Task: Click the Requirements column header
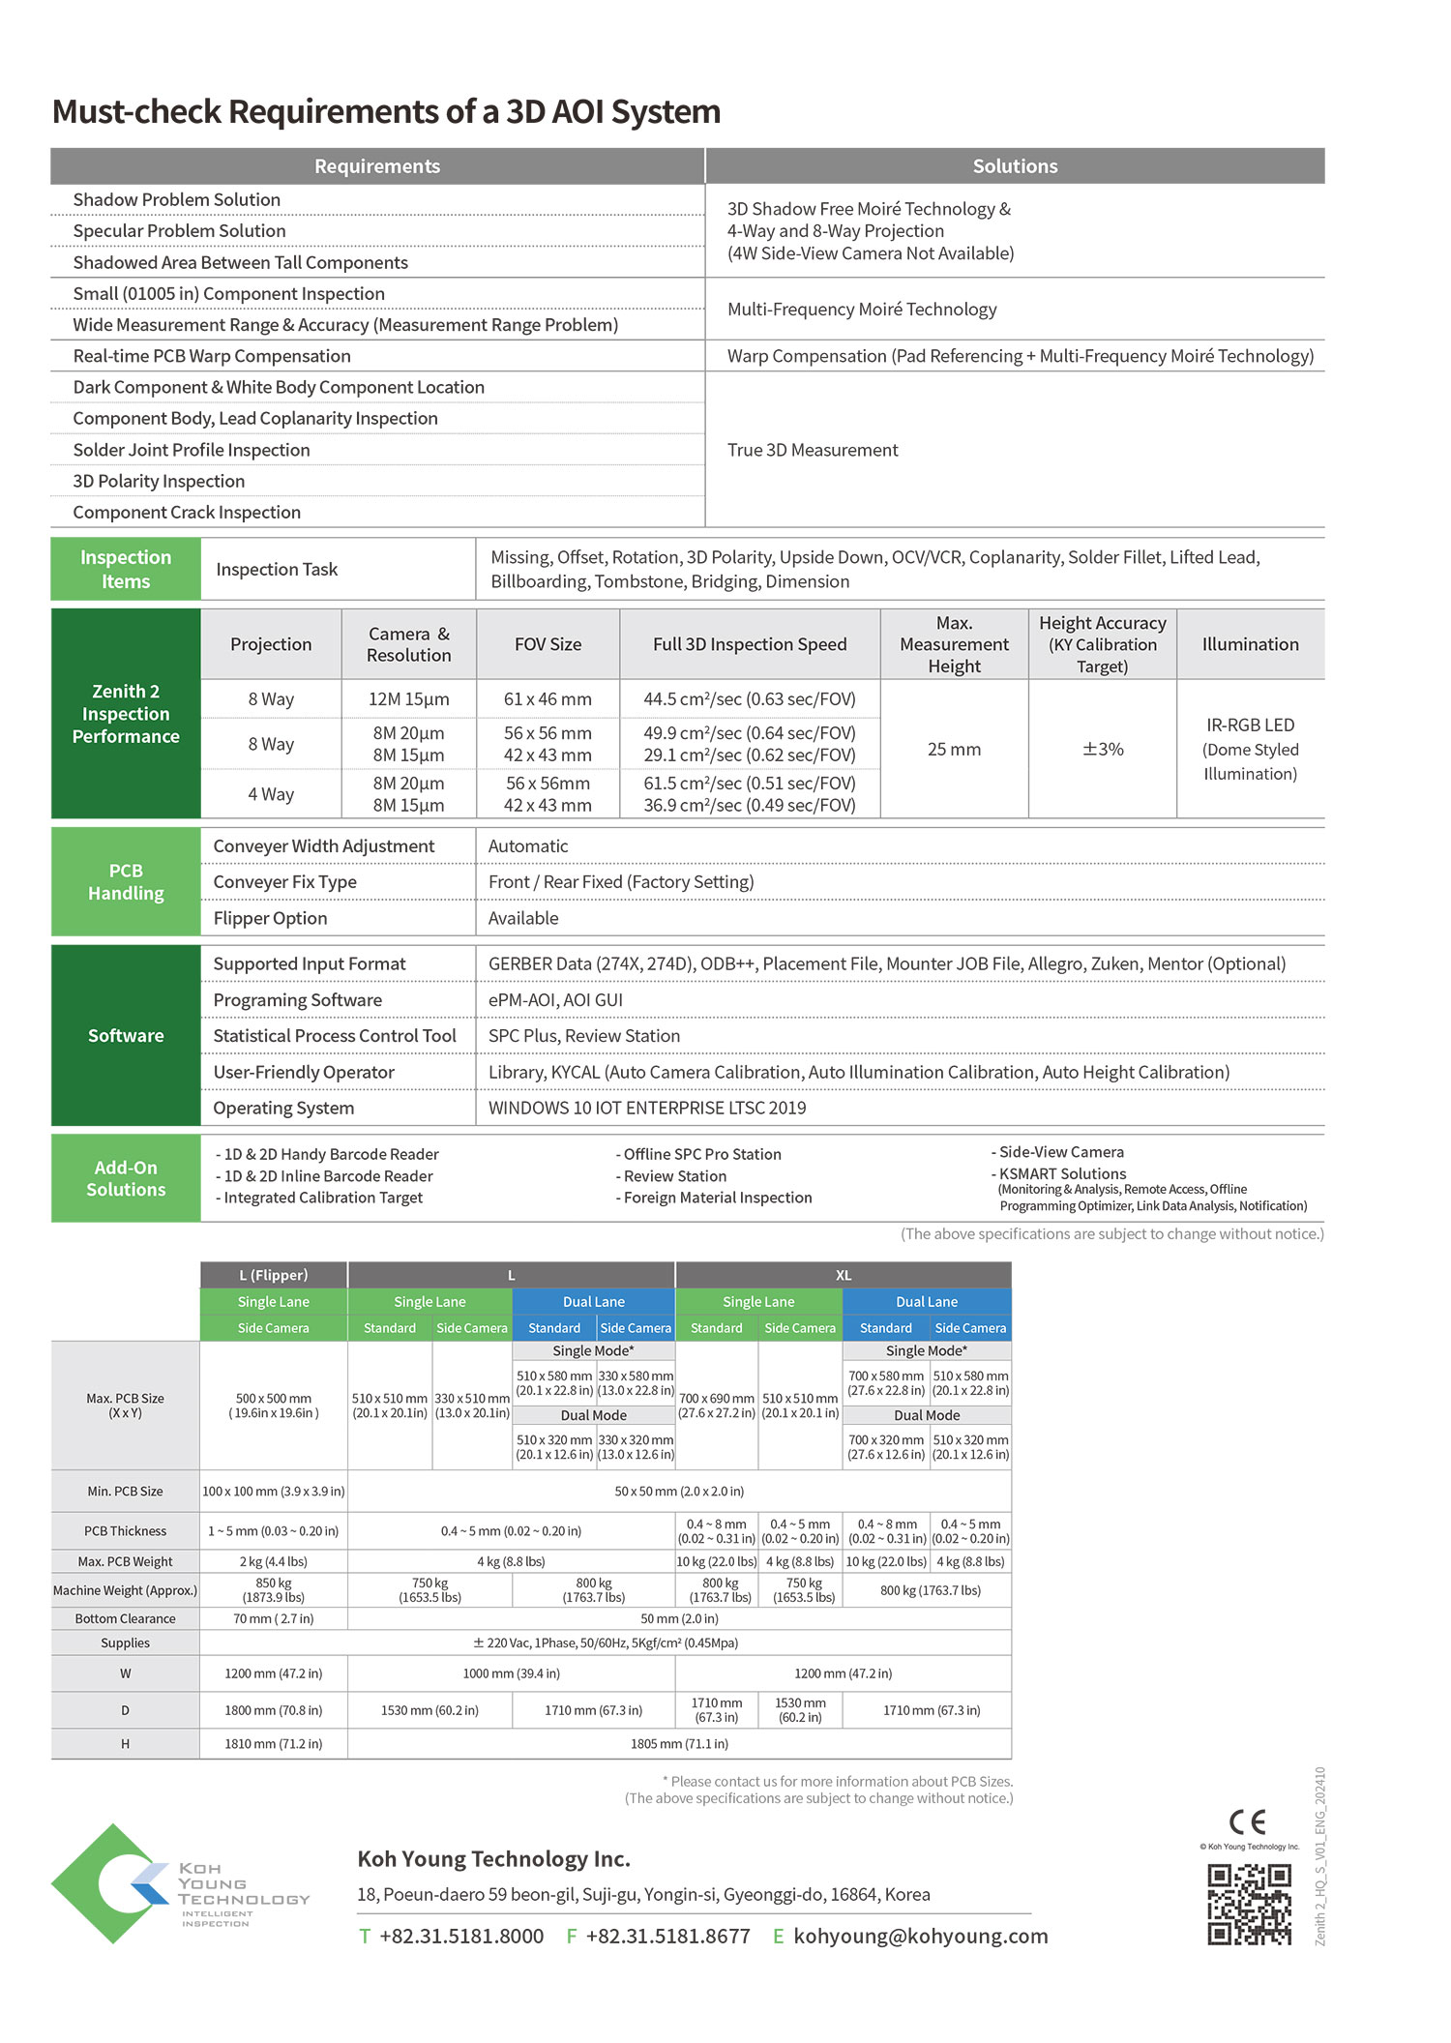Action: pyautogui.click(x=377, y=166)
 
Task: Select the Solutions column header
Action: pyautogui.click(x=1015, y=166)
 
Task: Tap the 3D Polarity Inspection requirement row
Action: pyautogui.click(x=159, y=481)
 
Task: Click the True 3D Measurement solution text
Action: pyautogui.click(x=813, y=450)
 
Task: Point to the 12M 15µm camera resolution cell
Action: pyautogui.click(x=408, y=698)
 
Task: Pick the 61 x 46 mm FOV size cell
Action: pyautogui.click(x=548, y=698)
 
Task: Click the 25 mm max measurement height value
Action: pyautogui.click(x=954, y=749)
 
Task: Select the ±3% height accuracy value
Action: pyautogui.click(x=1103, y=749)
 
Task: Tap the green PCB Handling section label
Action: pyautogui.click(x=126, y=881)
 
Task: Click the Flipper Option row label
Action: pyautogui.click(x=270, y=918)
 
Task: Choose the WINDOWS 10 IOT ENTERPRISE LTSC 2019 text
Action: pyautogui.click(x=646, y=1108)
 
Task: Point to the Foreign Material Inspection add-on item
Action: pyautogui.click(x=717, y=1198)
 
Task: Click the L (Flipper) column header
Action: pyautogui.click(x=274, y=1275)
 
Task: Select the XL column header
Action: pyautogui.click(x=844, y=1275)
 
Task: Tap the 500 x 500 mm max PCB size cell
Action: pyautogui.click(x=274, y=1406)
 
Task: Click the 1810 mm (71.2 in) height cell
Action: pyautogui.click(x=274, y=1743)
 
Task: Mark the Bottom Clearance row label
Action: pyautogui.click(x=126, y=1618)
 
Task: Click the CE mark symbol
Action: pyautogui.click(x=1247, y=1822)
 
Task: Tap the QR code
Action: pyautogui.click(x=1249, y=1905)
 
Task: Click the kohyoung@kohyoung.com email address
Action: pyautogui.click(x=920, y=1936)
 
